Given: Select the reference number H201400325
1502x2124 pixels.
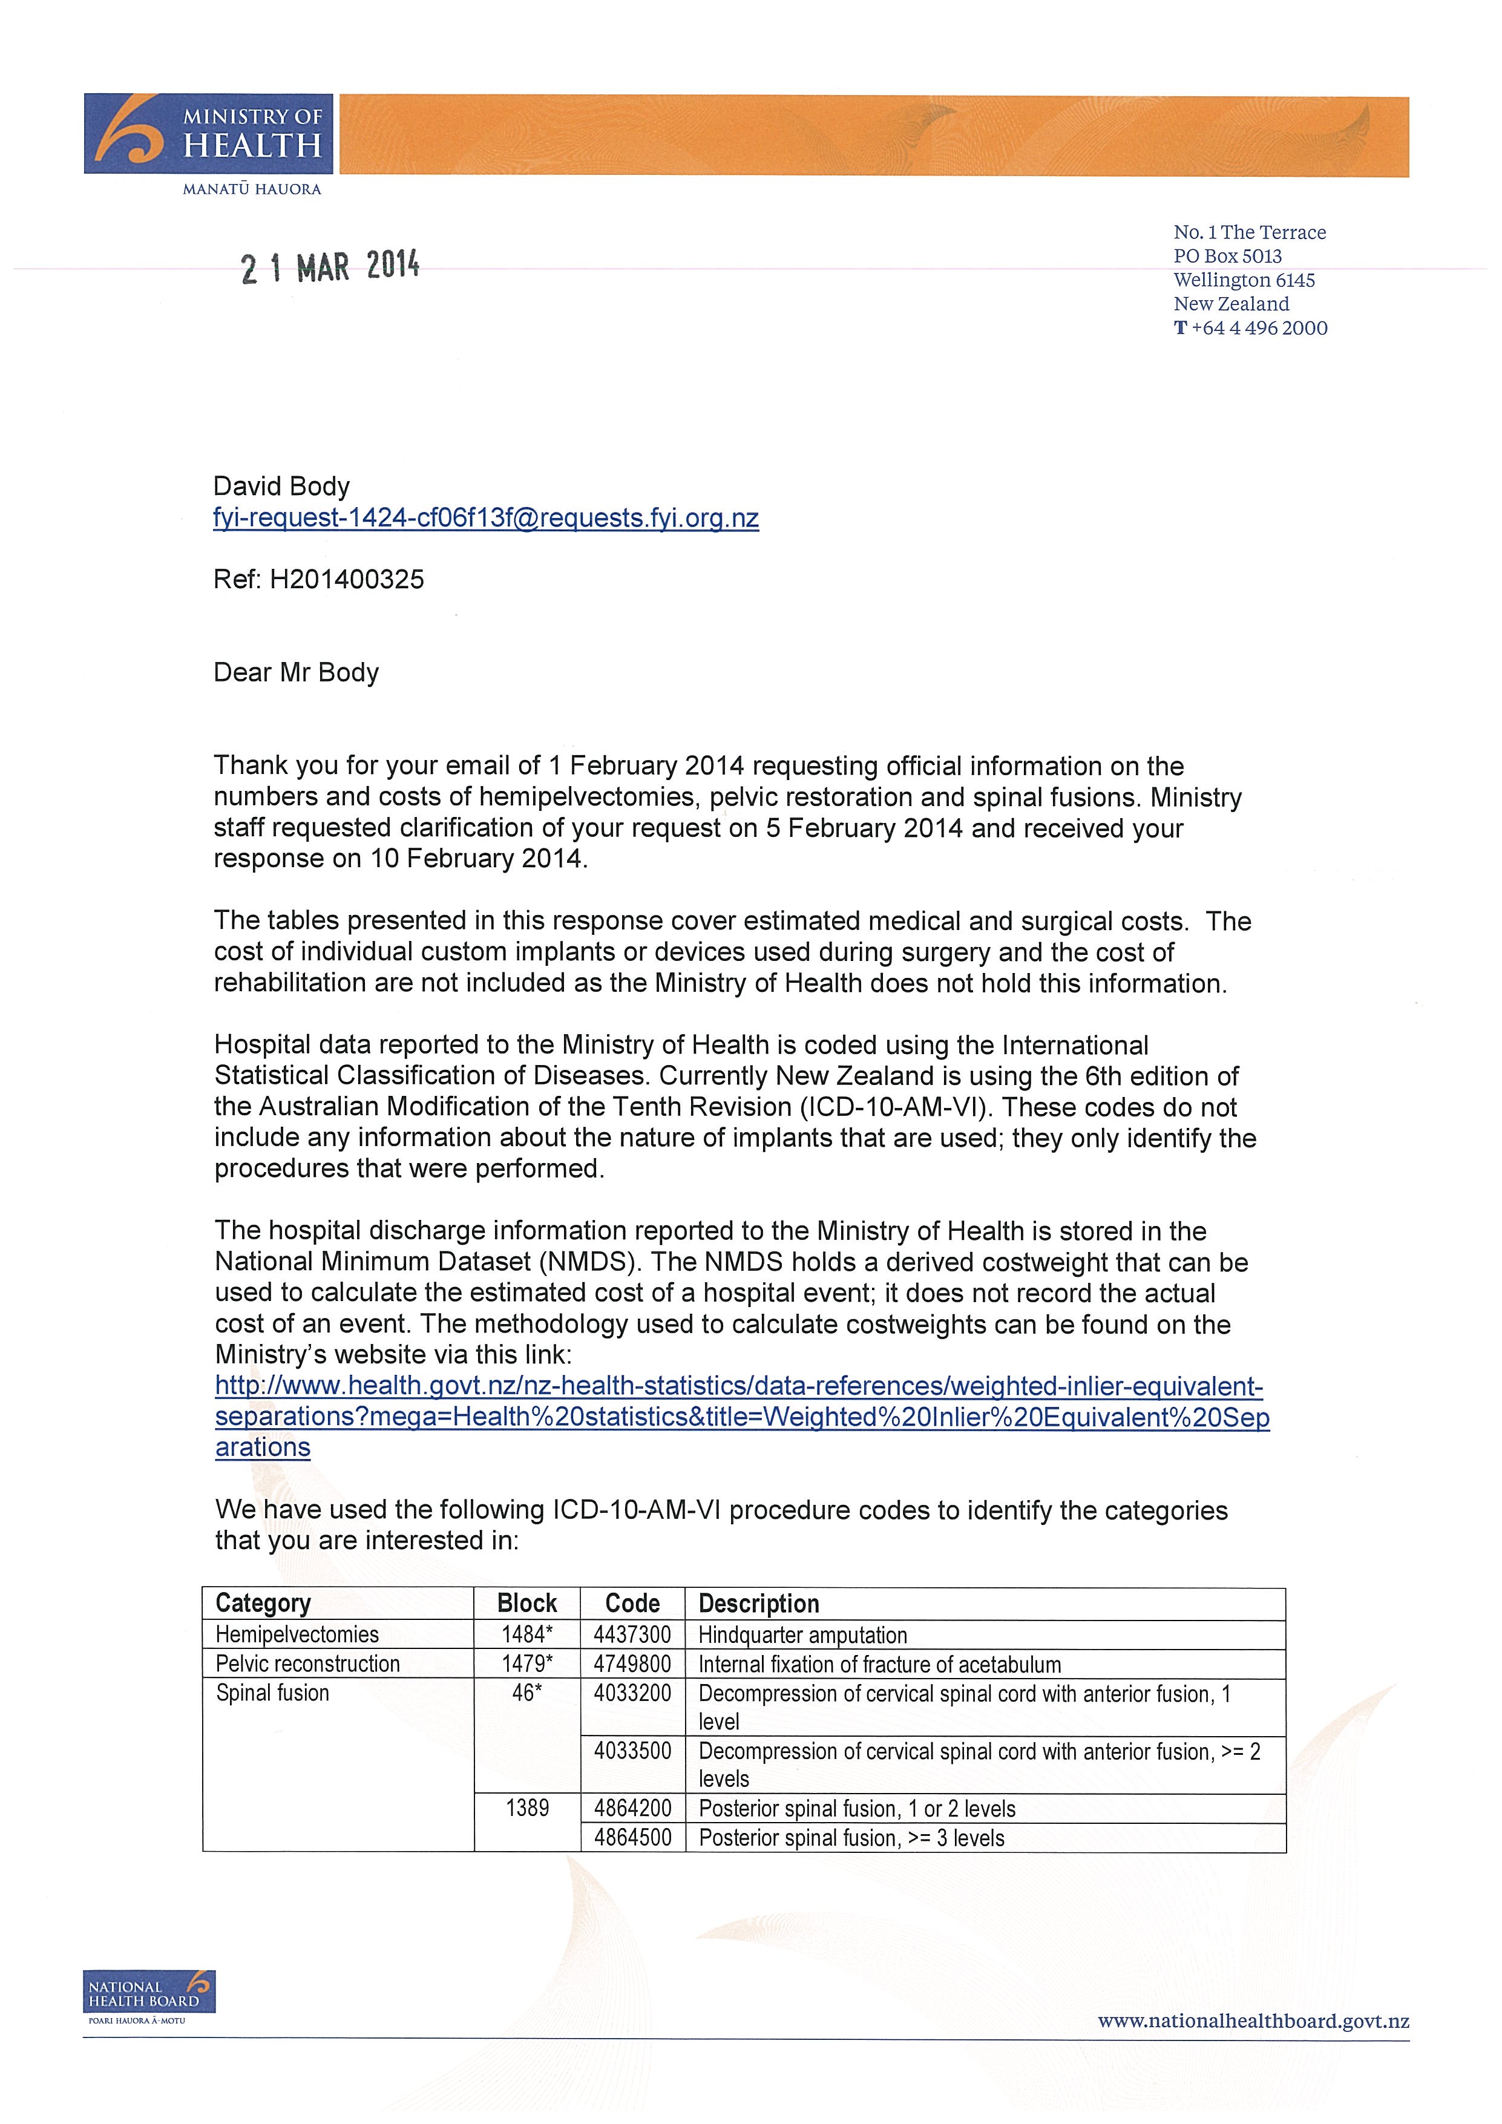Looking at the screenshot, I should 347,580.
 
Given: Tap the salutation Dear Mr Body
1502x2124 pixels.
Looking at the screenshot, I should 296,672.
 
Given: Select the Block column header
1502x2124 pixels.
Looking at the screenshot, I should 527,1603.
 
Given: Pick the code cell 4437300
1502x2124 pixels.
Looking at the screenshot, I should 632,1634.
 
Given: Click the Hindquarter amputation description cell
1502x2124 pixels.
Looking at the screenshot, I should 803,1634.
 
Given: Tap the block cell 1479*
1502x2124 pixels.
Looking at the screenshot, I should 527,1663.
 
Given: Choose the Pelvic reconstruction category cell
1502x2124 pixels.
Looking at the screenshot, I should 308,1663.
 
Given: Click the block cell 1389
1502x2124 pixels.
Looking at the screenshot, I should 527,1808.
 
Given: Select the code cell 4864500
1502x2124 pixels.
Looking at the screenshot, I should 632,1837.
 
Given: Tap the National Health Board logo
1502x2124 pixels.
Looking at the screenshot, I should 148,1991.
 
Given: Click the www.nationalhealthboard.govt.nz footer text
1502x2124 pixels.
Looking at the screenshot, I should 1253,2021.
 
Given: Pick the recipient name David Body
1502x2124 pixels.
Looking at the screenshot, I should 281,487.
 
